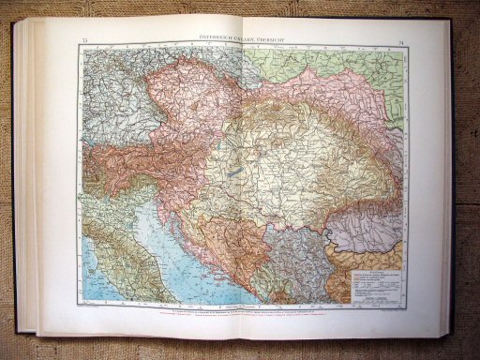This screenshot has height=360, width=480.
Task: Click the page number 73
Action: click(x=85, y=38)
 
